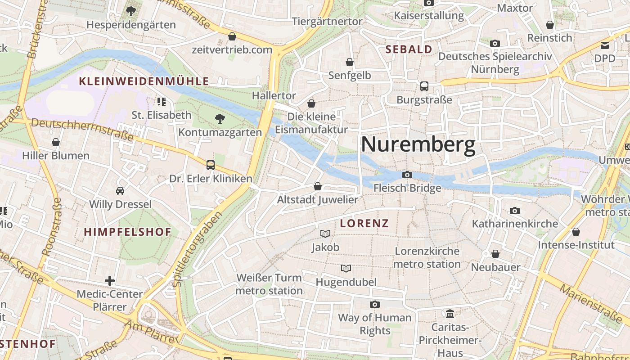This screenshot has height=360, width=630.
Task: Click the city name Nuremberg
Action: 418,145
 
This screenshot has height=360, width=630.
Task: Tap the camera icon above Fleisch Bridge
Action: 407,175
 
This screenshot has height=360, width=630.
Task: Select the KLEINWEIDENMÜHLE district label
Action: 144,81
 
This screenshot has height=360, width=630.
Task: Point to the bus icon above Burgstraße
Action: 424,86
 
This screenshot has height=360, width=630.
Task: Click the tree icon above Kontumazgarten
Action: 220,119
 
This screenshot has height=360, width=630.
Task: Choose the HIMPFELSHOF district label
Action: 128,232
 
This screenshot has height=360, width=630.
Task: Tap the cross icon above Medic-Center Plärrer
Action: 109,281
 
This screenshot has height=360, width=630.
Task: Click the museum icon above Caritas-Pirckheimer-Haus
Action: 450,313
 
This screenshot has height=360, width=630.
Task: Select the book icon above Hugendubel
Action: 346,269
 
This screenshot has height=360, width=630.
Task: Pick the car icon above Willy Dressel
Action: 120,191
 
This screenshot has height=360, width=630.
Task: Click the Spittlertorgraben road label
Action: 198,249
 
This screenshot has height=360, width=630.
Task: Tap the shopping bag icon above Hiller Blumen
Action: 56,143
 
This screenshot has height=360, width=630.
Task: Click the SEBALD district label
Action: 409,49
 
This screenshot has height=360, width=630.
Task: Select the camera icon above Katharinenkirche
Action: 514,211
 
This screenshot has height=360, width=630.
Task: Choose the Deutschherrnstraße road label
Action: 82,129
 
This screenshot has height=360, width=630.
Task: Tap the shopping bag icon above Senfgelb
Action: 349,62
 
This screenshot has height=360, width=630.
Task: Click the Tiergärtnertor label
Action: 327,22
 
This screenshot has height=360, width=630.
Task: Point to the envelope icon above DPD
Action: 604,45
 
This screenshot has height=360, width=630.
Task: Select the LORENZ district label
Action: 364,224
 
